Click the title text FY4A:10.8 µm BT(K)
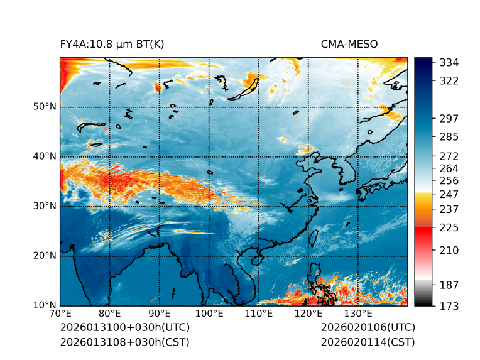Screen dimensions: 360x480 coord(112,44)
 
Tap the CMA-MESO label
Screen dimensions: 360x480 coord(349,44)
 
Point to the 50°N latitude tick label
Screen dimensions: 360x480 coord(45,107)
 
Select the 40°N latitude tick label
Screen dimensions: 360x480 coord(45,156)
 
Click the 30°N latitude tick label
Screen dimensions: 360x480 coord(45,206)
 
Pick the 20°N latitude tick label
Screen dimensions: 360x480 coord(45,256)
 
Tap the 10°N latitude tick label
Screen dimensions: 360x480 coord(45,305)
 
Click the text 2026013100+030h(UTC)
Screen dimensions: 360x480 coord(125,328)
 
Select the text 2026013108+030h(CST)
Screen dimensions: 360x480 coord(124,342)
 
